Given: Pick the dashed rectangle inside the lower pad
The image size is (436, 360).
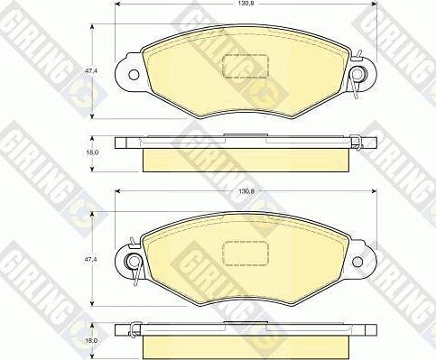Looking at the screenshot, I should click(x=245, y=254).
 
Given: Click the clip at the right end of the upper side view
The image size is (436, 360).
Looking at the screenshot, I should click(x=357, y=141).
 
